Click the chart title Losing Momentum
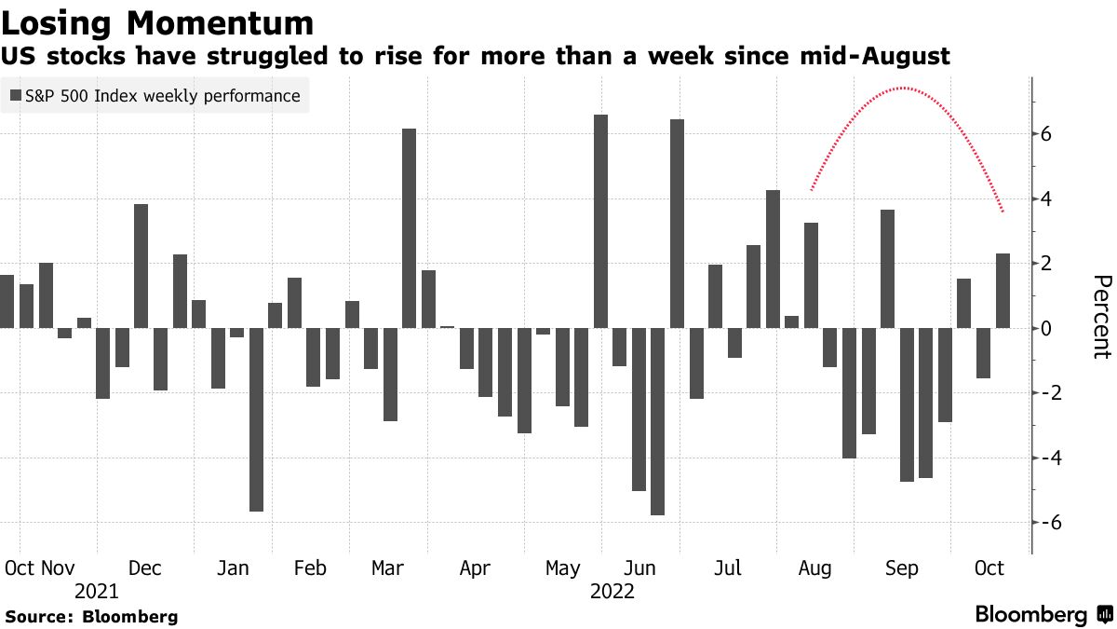tap(157, 21)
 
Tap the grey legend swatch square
tap(16, 95)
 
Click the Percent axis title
tap(1100, 317)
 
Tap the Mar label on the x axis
tap(386, 568)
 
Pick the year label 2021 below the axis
tap(97, 592)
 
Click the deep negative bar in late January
tap(256, 419)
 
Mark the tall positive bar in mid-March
tap(409, 228)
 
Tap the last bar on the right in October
tap(1003, 291)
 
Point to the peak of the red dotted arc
tap(902, 89)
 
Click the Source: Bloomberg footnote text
tap(91, 616)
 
